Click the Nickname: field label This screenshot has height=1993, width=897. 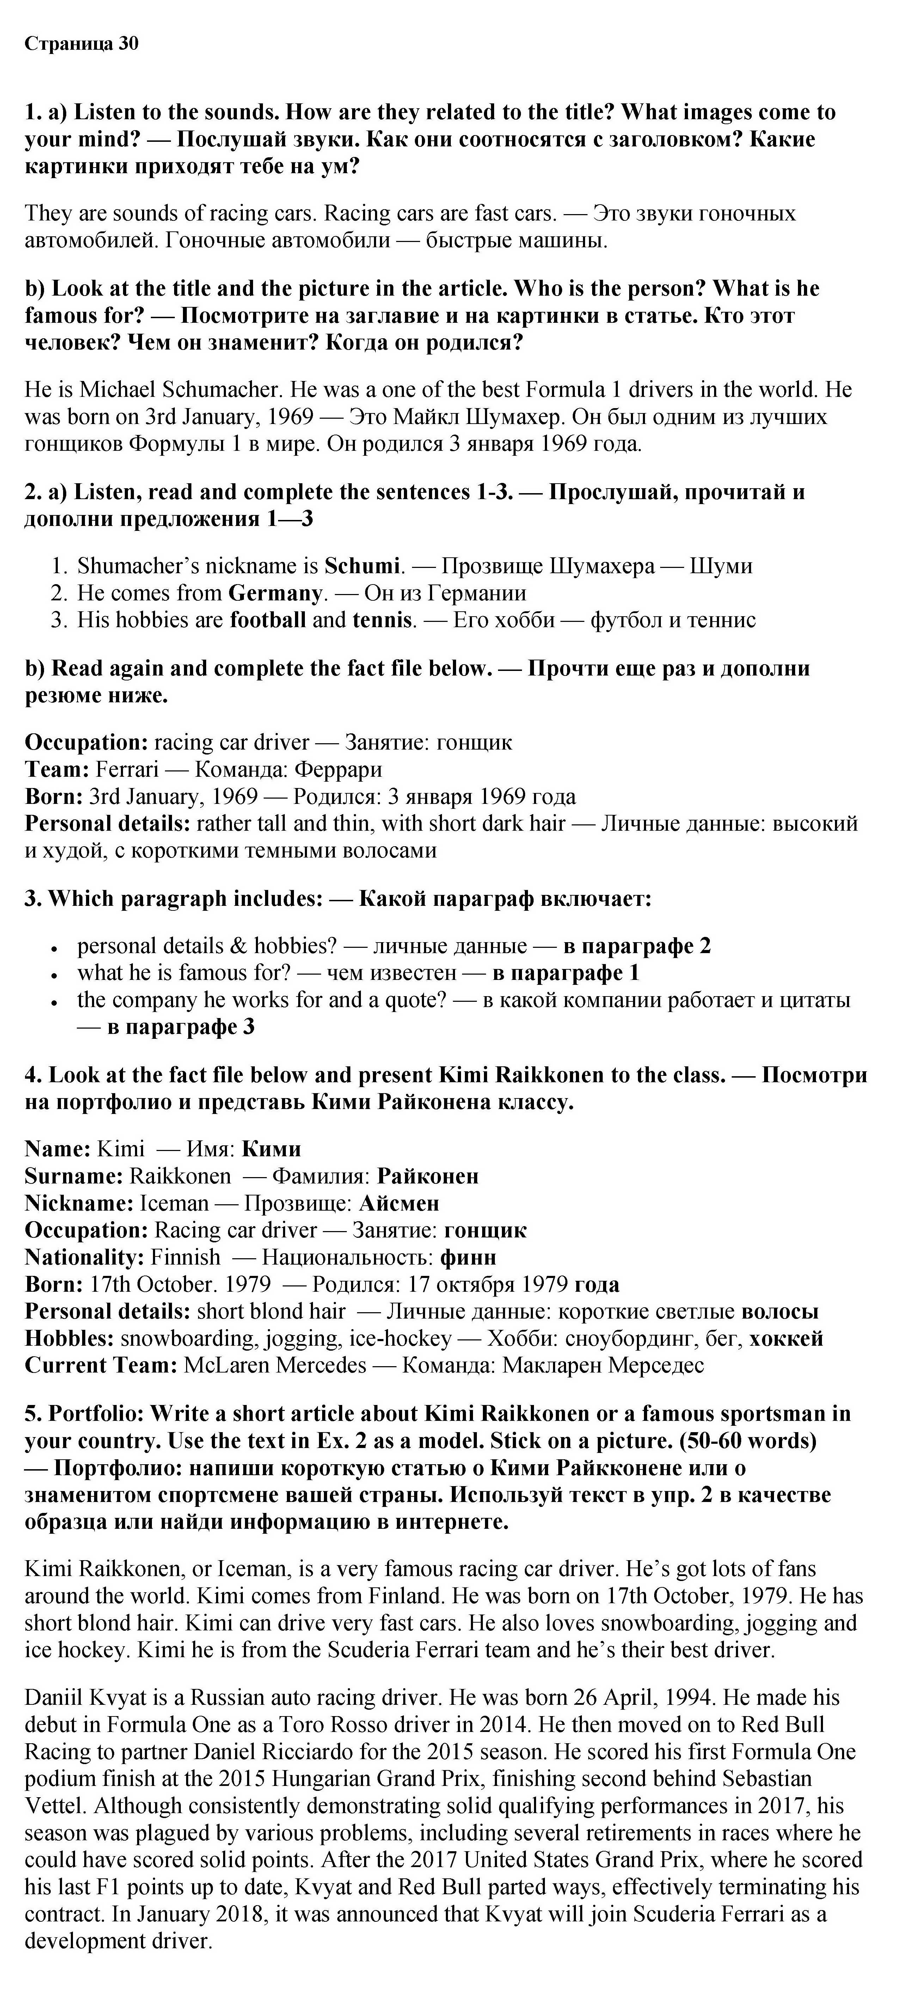tap(80, 1203)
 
